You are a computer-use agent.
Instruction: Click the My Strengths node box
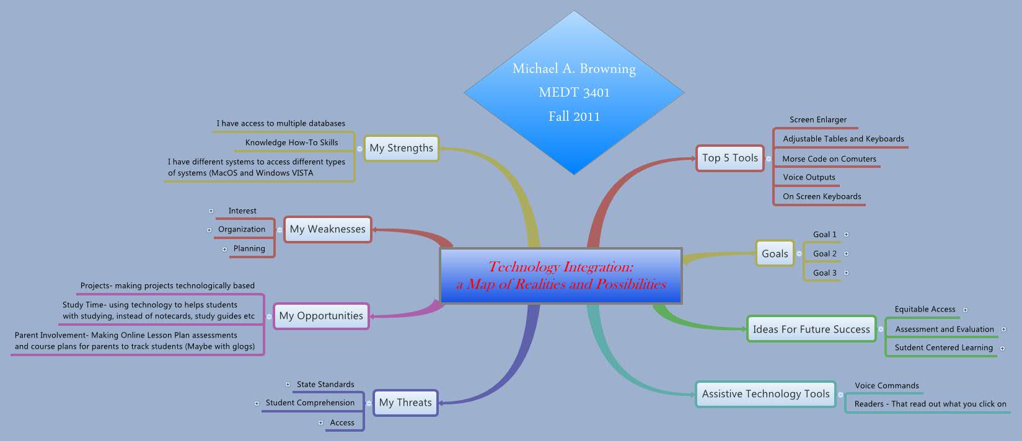(401, 148)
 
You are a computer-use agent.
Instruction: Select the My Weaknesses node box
(327, 229)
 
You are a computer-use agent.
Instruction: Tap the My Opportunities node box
(321, 316)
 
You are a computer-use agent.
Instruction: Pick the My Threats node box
(405, 403)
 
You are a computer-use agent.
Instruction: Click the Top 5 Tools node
(729, 158)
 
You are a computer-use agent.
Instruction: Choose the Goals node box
(775, 253)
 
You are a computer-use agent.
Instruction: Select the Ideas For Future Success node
(811, 330)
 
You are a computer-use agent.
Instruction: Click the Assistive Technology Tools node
(765, 394)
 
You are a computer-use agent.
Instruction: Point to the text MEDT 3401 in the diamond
(574, 93)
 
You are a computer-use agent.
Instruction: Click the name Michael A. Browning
(574, 69)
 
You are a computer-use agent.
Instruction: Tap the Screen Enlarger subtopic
(817, 120)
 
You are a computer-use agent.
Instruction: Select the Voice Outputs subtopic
(809, 177)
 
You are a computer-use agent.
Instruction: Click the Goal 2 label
(824, 253)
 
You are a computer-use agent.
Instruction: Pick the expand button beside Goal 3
(846, 273)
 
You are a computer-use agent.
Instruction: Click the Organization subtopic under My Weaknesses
(242, 229)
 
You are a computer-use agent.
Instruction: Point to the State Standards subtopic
(325, 384)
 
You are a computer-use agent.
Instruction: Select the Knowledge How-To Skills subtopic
(291, 142)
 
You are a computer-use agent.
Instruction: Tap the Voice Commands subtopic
(886, 385)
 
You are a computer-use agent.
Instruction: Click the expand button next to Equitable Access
(965, 310)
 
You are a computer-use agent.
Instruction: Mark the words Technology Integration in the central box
(560, 267)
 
